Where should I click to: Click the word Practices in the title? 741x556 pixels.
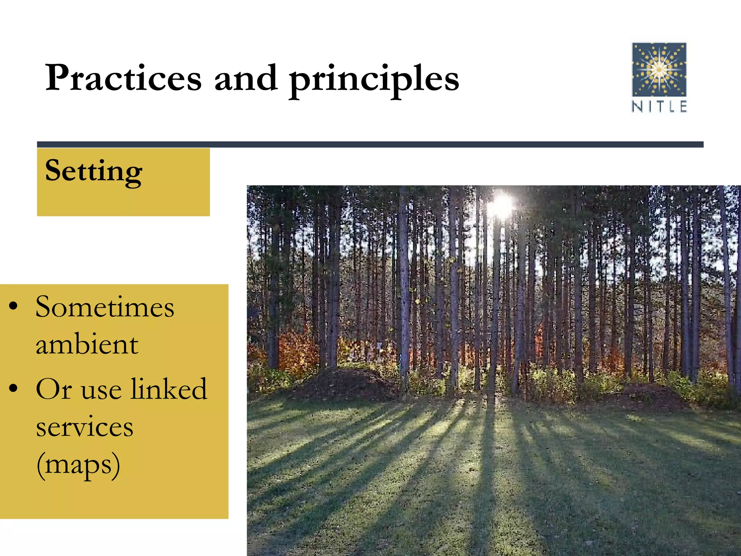click(x=123, y=78)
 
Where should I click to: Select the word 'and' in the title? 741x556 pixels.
click(x=246, y=77)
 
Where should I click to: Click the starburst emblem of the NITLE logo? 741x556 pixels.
click(x=659, y=69)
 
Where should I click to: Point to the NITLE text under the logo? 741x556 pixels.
click(x=659, y=106)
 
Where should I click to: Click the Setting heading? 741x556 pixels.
click(x=93, y=171)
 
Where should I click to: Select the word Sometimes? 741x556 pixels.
click(x=105, y=307)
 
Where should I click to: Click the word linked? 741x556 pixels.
click(x=169, y=389)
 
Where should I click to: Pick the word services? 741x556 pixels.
click(x=85, y=427)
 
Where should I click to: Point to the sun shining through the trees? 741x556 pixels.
click(x=501, y=205)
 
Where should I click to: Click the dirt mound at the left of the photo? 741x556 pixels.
click(x=344, y=384)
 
